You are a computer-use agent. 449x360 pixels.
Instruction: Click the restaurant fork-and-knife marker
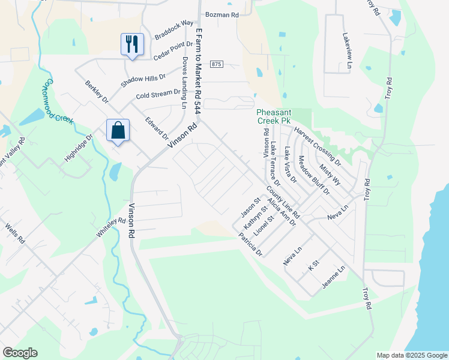(132, 44)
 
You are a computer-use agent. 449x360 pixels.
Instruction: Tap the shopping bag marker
(118, 130)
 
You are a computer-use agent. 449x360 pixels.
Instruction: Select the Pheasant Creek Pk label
(281, 116)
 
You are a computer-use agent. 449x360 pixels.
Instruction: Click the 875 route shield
(217, 64)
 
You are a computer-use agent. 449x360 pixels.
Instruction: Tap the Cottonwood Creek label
(58, 101)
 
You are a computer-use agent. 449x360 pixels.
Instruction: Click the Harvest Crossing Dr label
(317, 146)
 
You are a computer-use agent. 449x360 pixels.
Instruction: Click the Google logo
(20, 353)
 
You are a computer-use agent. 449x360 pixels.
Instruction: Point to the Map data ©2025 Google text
(411, 355)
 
